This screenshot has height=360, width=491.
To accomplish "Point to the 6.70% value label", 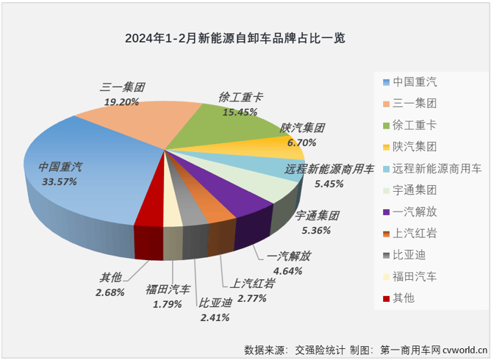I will point(302,142).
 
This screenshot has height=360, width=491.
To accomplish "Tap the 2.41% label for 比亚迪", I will point(215,317).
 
